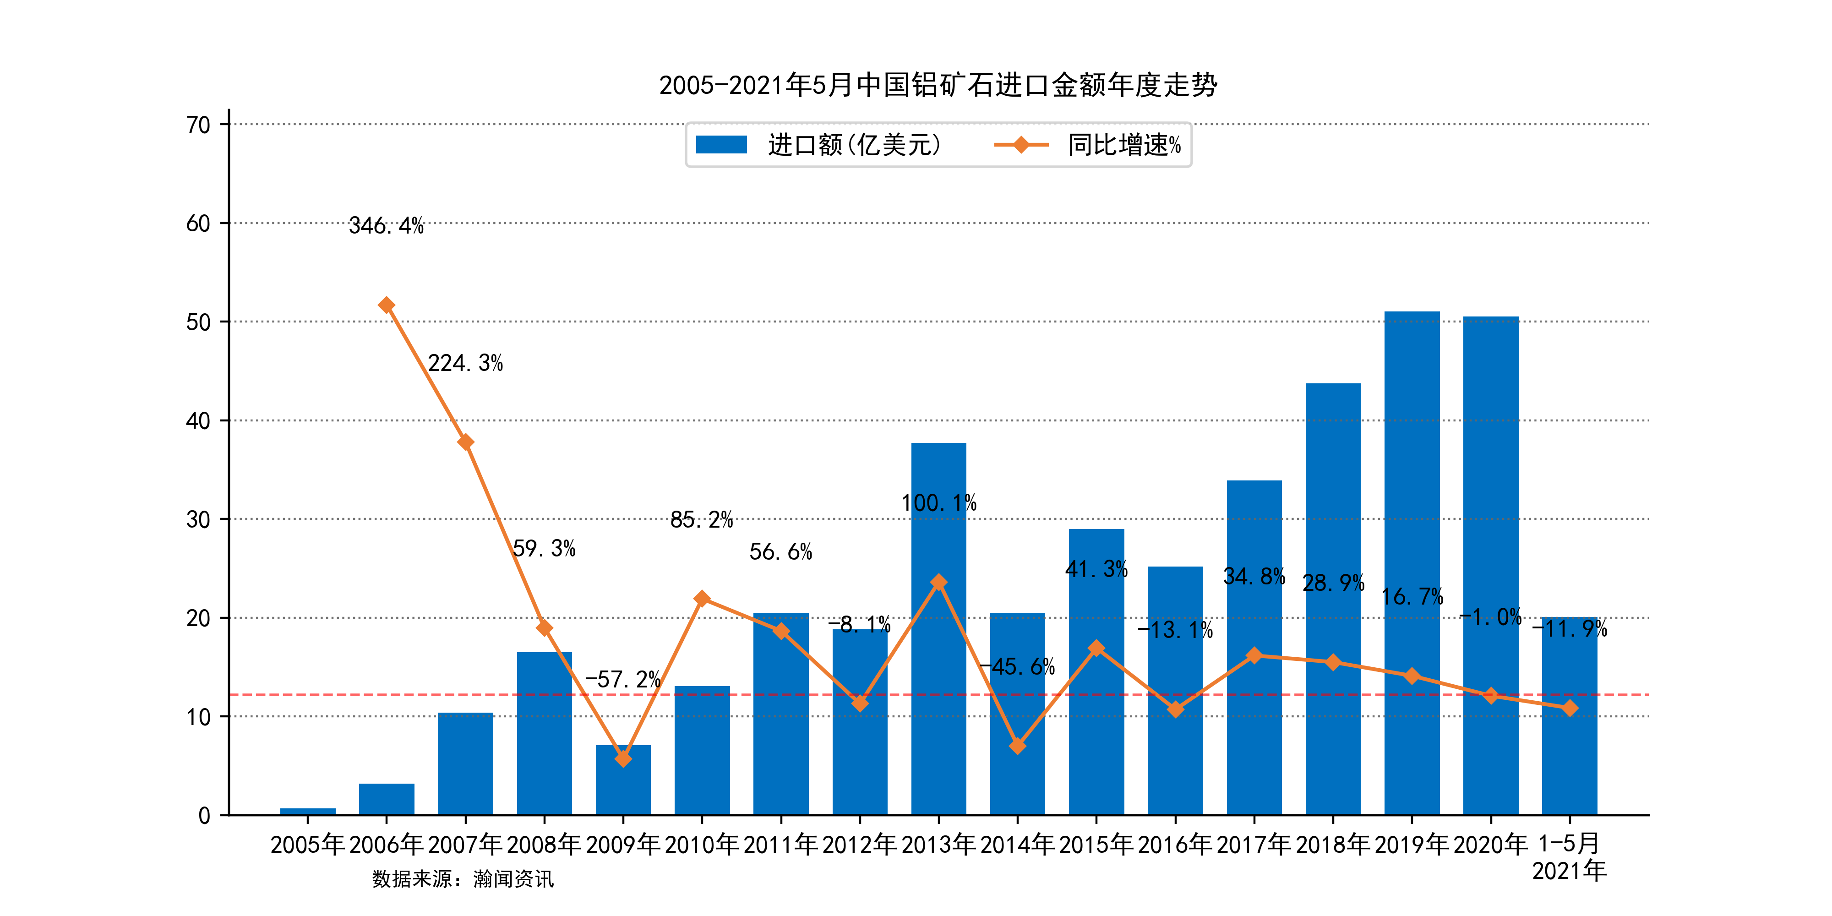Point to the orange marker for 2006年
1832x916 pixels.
(386, 305)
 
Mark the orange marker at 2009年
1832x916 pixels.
(623, 759)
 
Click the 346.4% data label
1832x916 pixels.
(386, 226)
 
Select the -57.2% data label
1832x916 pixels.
(623, 680)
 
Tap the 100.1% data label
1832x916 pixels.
(939, 503)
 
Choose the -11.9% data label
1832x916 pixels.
(1570, 629)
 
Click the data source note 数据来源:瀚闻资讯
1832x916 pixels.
(462, 879)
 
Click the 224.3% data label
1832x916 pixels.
(465, 363)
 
